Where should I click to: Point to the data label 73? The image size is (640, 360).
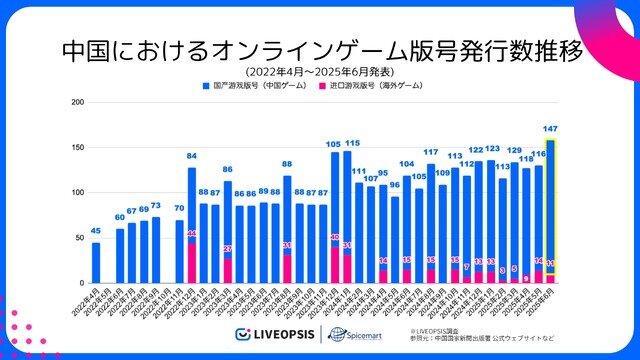point(155,205)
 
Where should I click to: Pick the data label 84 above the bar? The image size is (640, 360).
point(191,156)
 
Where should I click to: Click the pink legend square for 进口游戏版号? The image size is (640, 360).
point(322,87)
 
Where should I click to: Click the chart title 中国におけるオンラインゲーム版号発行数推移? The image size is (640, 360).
point(320,49)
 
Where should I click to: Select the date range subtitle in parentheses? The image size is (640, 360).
point(320,71)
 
